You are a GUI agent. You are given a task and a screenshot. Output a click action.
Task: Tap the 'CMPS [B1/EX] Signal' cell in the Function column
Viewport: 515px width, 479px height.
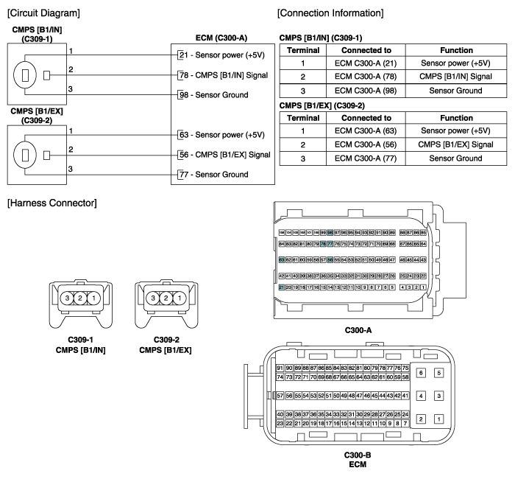[455, 144]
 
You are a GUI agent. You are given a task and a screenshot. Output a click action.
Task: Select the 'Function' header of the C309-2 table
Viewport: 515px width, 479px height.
[455, 117]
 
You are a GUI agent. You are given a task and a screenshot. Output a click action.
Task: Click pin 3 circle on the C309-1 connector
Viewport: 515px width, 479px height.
[65, 298]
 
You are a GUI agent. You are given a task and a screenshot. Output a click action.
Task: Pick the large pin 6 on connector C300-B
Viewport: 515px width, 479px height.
[420, 373]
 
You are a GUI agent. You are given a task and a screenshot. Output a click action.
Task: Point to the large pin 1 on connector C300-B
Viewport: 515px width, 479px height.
[439, 419]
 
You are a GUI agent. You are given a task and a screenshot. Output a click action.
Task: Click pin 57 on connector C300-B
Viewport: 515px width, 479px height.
[280, 396]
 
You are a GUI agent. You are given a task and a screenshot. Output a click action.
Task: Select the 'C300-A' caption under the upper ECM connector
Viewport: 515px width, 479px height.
[356, 332]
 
